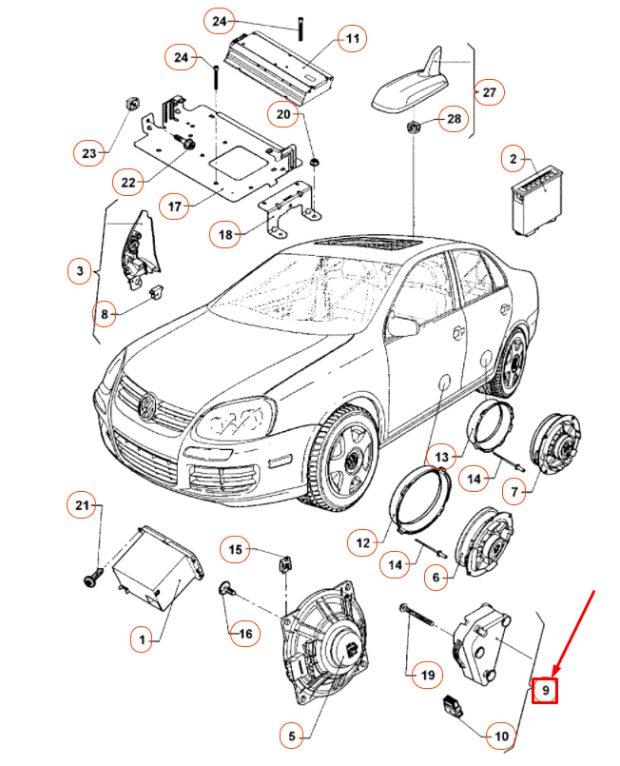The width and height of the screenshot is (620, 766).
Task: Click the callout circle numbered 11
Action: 353,39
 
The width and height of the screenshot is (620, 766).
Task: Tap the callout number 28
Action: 453,119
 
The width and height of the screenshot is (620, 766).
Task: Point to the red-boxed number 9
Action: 545,688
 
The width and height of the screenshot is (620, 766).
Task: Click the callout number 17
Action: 174,205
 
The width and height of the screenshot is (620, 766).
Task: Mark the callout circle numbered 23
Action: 88,152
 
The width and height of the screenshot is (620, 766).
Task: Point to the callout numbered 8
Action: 106,312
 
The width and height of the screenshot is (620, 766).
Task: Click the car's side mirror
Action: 403,326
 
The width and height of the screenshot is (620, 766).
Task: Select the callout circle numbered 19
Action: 427,675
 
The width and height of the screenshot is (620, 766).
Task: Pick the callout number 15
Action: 235,549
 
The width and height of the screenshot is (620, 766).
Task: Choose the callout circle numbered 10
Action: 501,735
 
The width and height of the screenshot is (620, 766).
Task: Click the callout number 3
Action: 80,272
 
